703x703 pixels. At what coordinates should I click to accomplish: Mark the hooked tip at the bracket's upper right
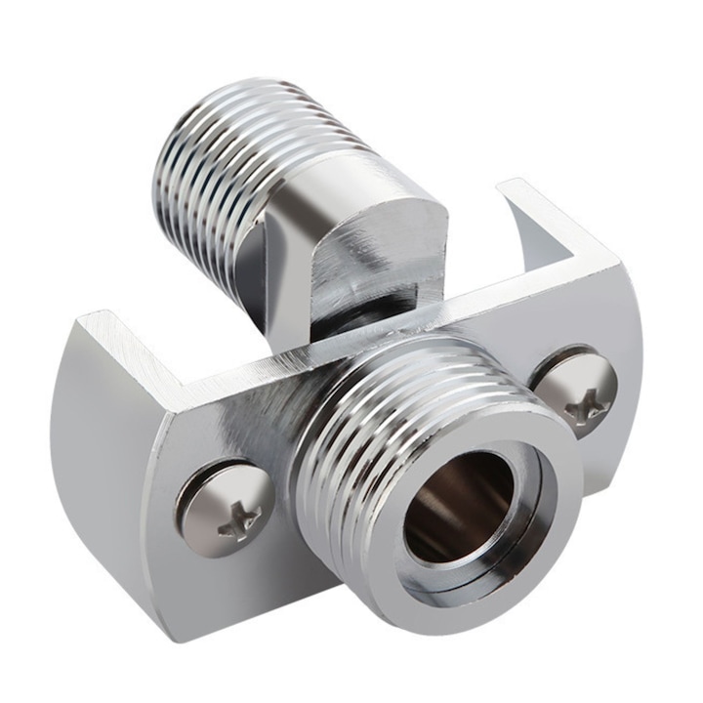tap(513, 195)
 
